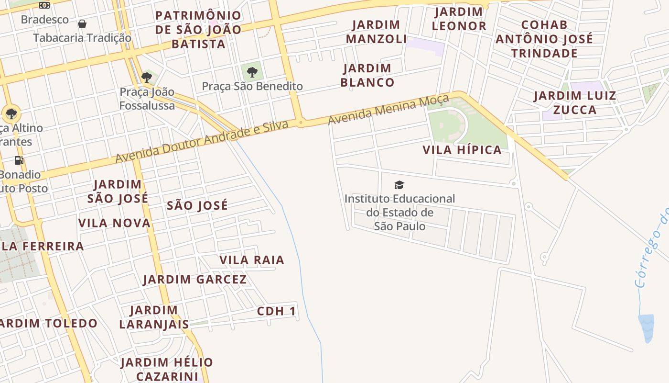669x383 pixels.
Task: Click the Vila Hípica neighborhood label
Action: click(462, 150)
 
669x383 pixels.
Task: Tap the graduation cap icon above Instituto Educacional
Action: click(399, 185)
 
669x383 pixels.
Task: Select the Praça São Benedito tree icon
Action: click(252, 72)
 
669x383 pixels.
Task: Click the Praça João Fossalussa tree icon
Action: click(147, 77)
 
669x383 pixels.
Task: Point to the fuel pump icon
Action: click(19, 160)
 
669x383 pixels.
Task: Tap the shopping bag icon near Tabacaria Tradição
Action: click(82, 24)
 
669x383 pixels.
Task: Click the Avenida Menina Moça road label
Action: click(388, 110)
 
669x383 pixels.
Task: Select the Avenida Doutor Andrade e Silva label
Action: click(202, 142)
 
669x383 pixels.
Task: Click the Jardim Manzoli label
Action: click(376, 32)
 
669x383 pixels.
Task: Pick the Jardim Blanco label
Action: click(367, 75)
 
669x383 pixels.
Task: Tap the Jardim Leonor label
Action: click(459, 19)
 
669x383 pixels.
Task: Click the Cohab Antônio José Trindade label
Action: click(544, 39)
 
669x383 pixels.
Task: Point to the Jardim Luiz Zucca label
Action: click(575, 102)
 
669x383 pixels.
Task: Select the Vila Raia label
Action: click(251, 260)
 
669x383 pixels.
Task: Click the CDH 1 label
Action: click(277, 311)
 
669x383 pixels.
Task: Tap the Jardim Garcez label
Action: click(194, 279)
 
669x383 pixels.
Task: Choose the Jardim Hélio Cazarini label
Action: click(166, 369)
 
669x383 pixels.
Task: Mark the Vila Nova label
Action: click(114, 223)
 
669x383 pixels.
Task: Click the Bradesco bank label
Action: click(45, 20)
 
